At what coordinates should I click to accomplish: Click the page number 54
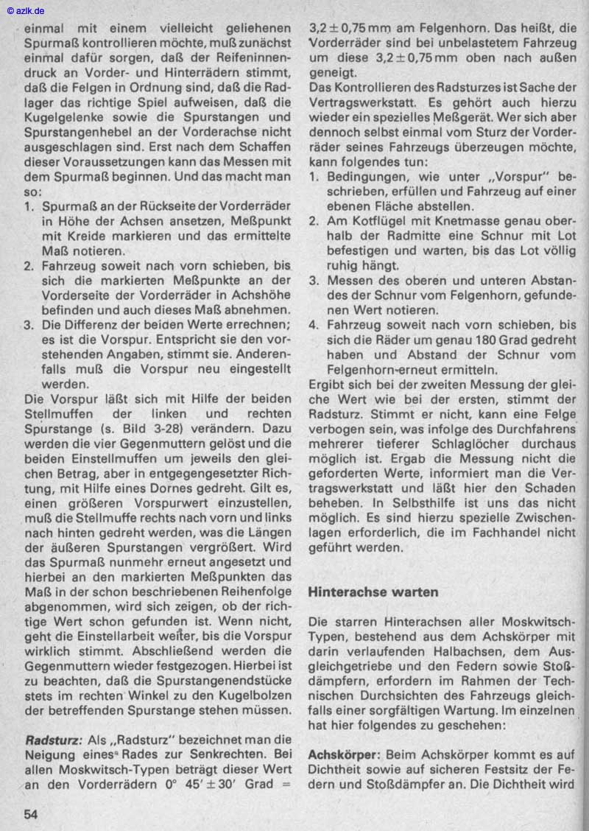tap(30, 813)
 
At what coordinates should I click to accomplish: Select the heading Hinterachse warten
tap(373, 592)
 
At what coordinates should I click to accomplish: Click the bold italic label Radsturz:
tap(54, 739)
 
